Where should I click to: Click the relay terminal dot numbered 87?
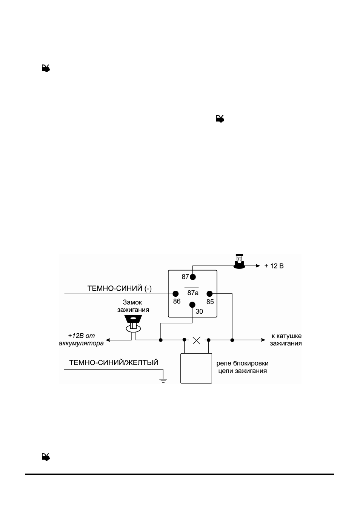[192, 277]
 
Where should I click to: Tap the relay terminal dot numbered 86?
[175, 294]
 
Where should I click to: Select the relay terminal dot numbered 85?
[209, 294]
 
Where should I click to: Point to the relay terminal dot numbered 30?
[192, 305]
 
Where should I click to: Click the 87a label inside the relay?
[193, 293]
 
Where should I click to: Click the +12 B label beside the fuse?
[274, 266]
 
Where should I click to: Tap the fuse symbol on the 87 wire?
[240, 262]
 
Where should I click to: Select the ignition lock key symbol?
[133, 323]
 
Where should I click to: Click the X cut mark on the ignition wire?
[197, 340]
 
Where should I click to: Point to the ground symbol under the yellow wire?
[163, 380]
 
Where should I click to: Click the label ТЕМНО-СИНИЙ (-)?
[120, 288]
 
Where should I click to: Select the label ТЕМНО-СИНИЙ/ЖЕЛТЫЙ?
[114, 362]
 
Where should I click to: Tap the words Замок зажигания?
[133, 306]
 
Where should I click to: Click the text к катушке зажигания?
[286, 339]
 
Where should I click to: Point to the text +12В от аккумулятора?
[81, 339]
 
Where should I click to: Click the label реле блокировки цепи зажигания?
[242, 367]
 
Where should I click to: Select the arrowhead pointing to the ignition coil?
[263, 340]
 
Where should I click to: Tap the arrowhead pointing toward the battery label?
[108, 340]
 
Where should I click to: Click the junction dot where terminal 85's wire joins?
[232, 340]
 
